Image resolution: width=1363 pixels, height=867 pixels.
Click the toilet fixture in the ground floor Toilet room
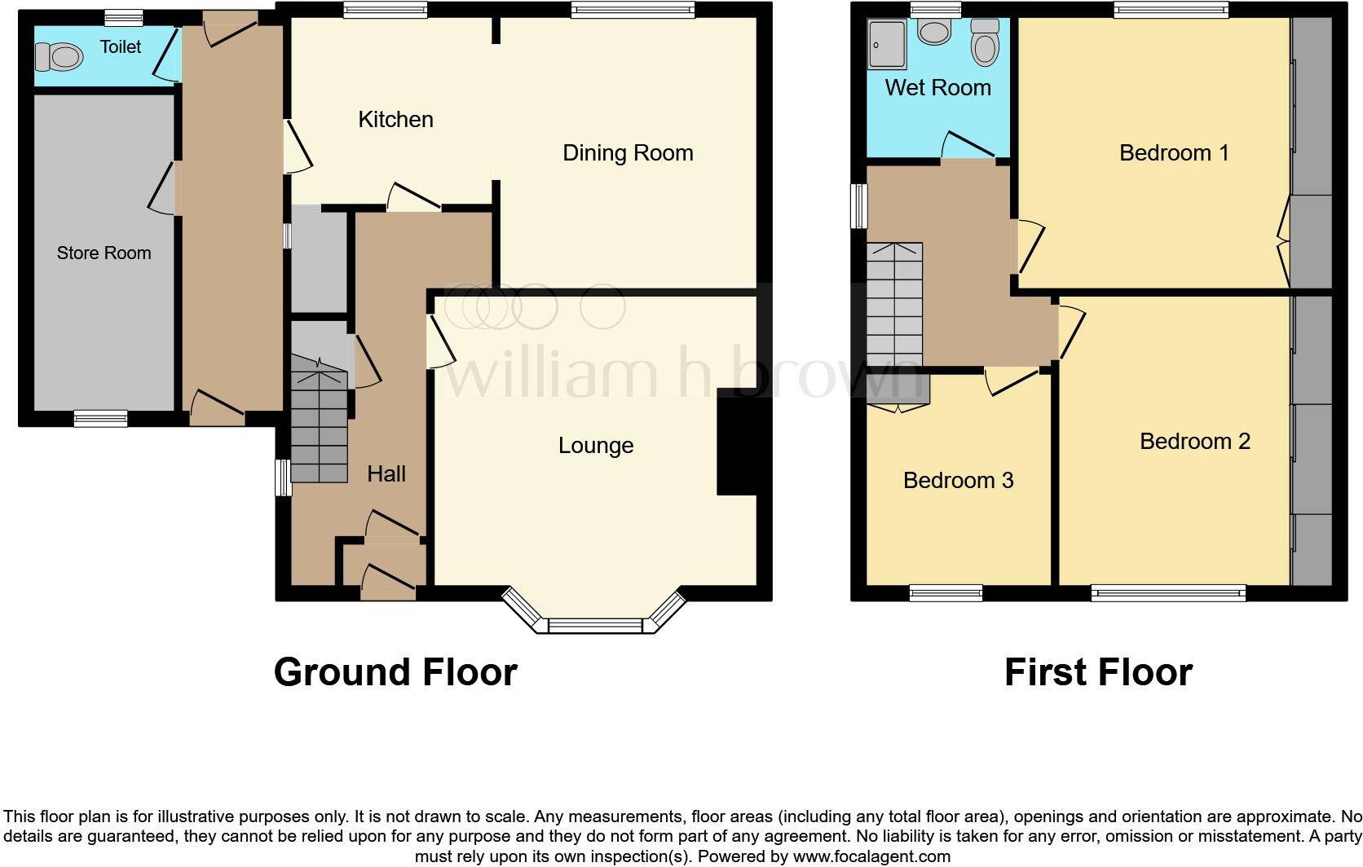60,57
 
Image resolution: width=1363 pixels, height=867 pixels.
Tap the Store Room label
104,253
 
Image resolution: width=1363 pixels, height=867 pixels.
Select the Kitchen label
395,120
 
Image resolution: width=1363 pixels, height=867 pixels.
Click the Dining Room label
628,153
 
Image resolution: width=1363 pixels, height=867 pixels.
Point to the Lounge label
596,446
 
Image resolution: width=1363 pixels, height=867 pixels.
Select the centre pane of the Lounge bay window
595,626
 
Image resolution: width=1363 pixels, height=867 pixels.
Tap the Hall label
386,474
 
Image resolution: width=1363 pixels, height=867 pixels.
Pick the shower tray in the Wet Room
887,44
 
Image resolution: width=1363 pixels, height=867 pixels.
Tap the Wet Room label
937,88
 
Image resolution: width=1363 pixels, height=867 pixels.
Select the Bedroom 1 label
1174,153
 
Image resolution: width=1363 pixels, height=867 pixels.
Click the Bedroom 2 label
1194,442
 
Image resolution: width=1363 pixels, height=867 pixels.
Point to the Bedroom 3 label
958,481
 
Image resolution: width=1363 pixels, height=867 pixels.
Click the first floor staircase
894,305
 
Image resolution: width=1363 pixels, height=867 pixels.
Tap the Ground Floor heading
395,673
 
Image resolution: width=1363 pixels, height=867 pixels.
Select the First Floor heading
1098,673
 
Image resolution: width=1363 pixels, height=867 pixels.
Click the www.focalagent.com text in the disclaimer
871,856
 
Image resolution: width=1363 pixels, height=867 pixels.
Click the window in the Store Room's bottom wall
100,418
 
